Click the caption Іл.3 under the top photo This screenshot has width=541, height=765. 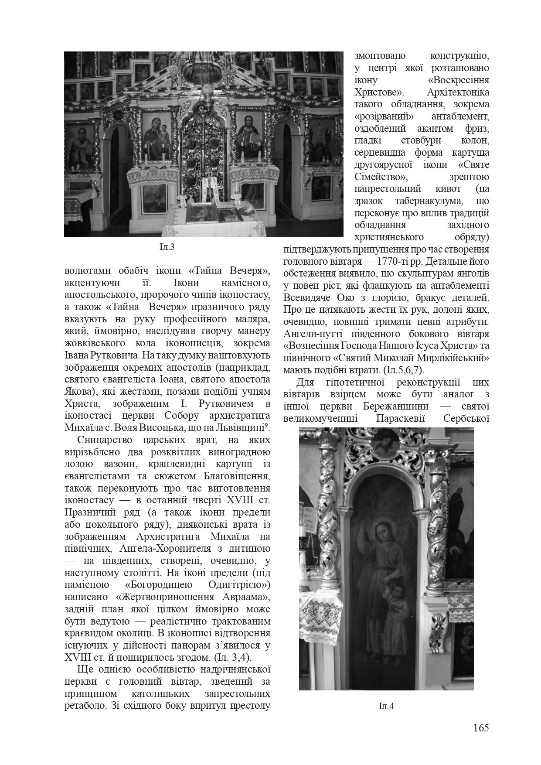coord(167,247)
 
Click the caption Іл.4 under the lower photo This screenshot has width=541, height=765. coord(386,706)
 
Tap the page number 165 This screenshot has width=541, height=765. coord(481,727)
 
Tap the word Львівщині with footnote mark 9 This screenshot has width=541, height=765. coord(244,427)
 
